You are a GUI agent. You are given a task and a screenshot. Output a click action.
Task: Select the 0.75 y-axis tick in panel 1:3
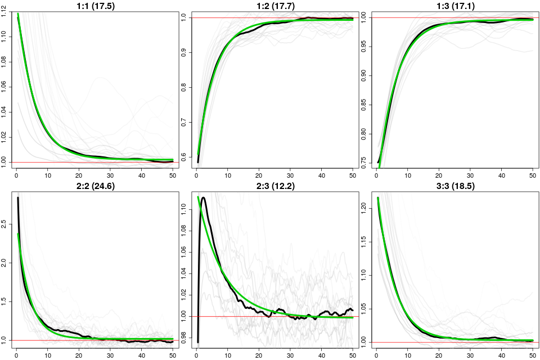click(365, 163)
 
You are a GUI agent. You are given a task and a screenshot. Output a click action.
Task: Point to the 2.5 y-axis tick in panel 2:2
click(5, 224)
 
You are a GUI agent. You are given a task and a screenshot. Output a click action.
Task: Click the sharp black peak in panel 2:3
click(202, 197)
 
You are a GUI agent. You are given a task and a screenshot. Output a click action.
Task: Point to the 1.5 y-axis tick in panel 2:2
click(5, 301)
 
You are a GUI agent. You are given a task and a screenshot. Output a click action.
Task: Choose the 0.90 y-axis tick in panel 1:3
click(365, 76)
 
